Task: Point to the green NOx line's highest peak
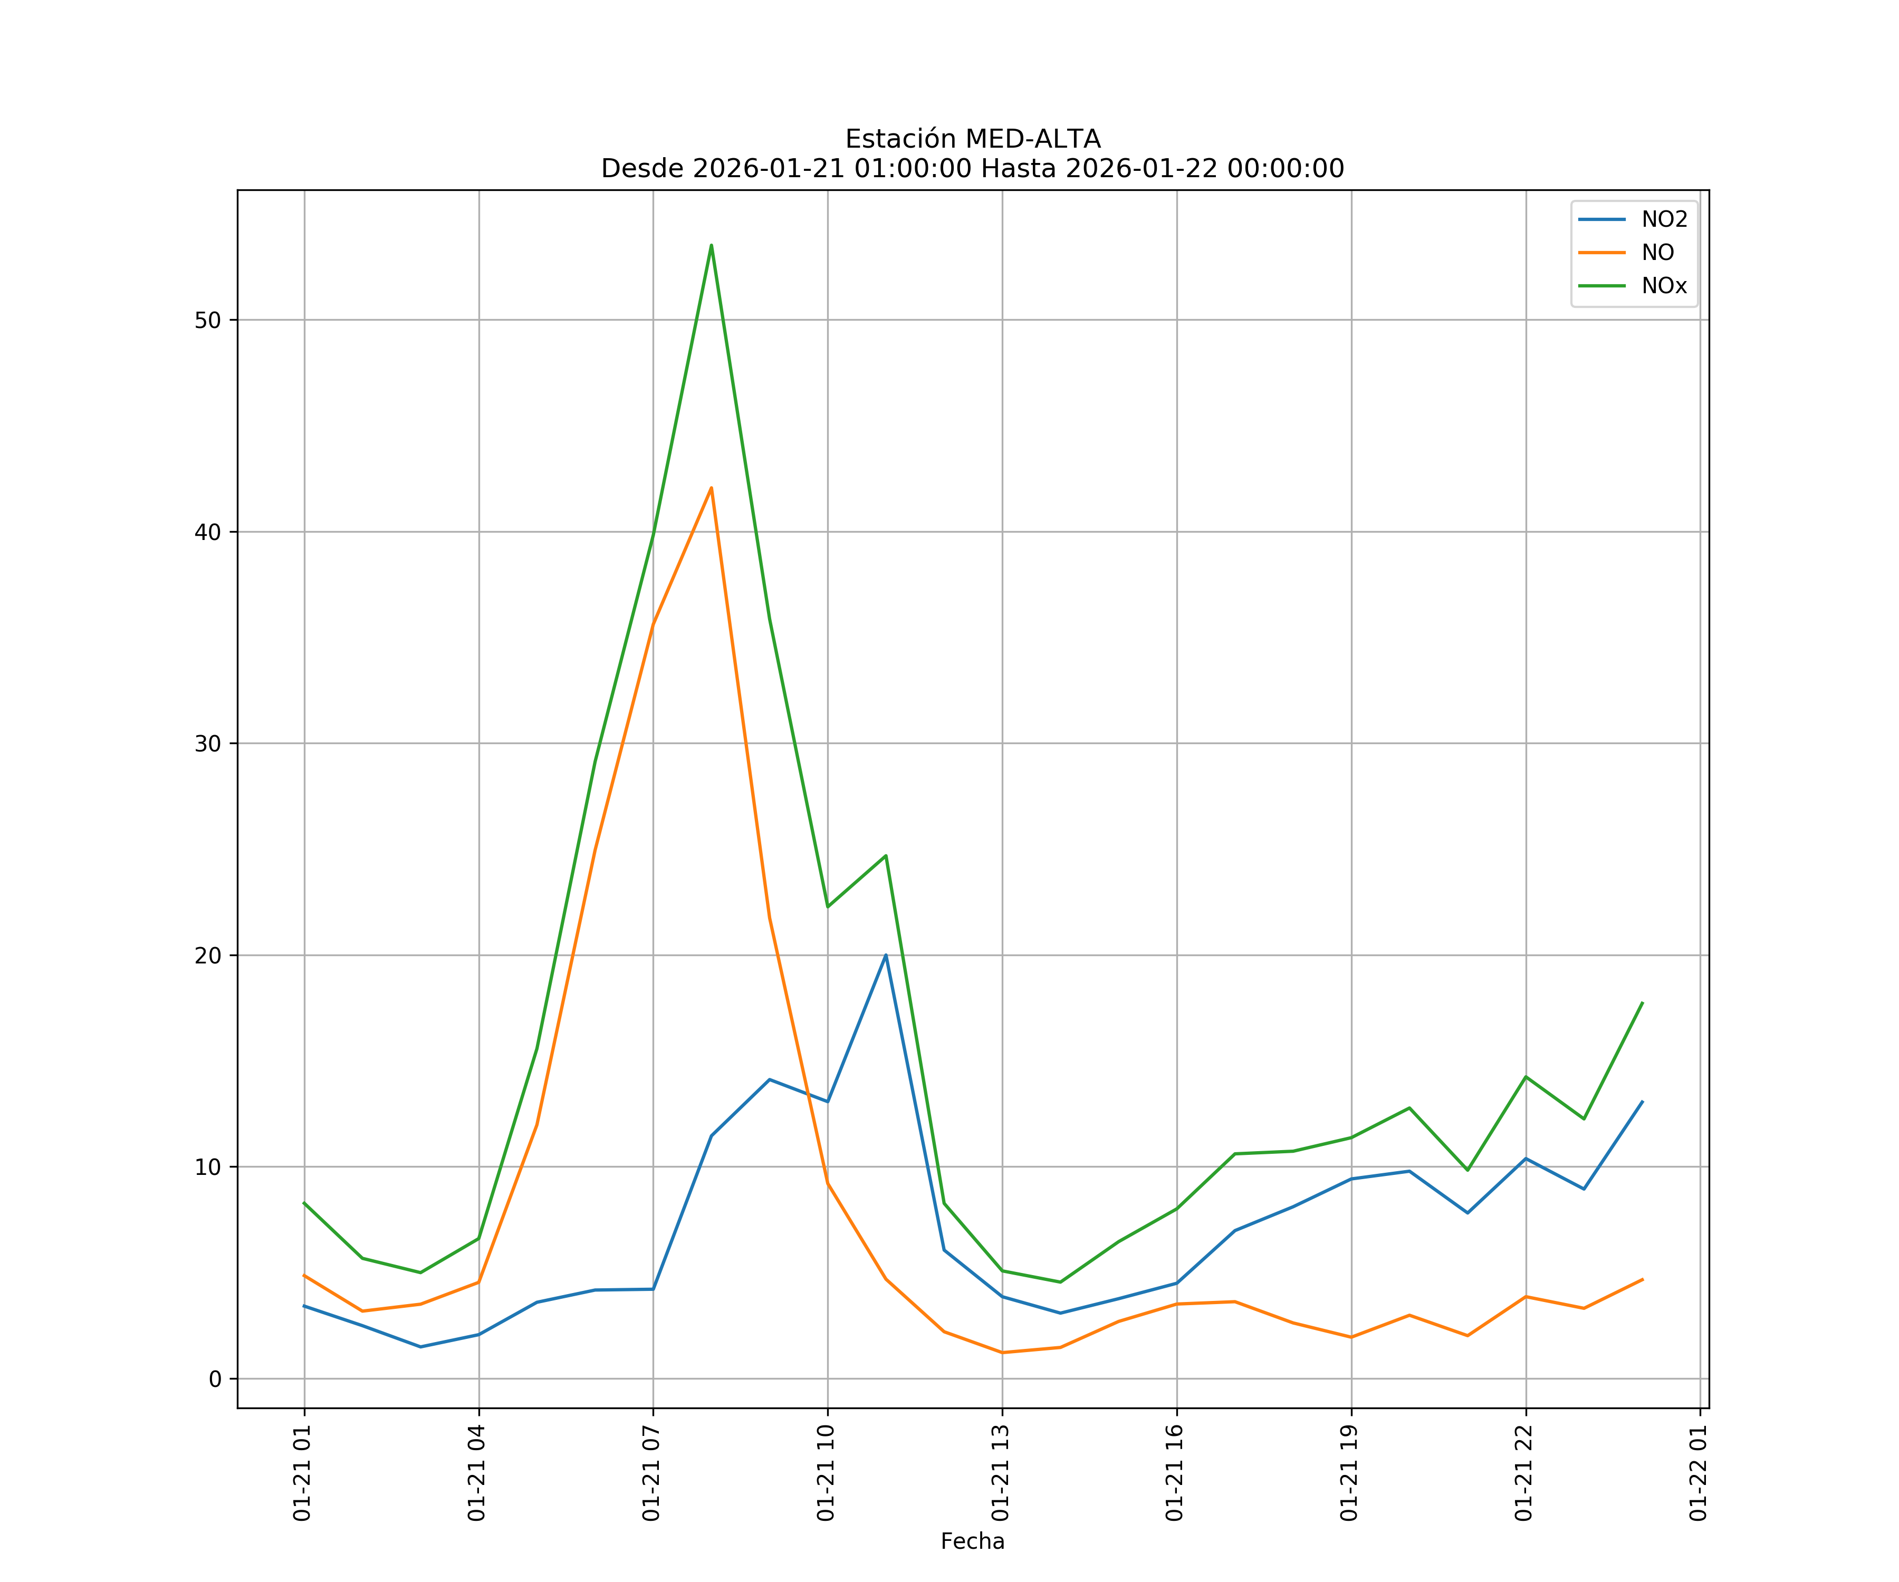click(712, 245)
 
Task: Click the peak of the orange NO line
click(712, 488)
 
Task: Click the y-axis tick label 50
click(207, 320)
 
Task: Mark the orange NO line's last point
click(1642, 1280)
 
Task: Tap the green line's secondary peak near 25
click(886, 855)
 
